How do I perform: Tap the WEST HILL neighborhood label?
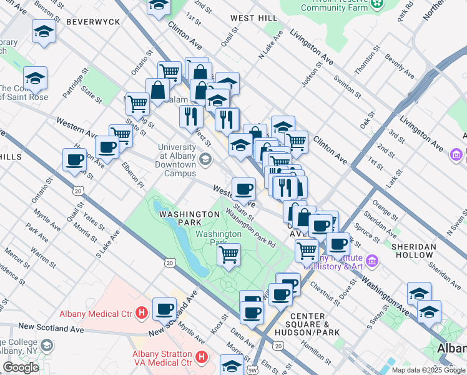(x=252, y=18)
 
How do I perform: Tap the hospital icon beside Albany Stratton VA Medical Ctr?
(x=201, y=357)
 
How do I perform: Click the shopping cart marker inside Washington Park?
(x=229, y=254)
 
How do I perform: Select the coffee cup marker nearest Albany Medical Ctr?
(x=165, y=308)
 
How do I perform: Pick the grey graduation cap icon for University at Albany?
(x=205, y=159)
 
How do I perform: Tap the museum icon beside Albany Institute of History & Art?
(x=372, y=260)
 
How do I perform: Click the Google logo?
(x=21, y=367)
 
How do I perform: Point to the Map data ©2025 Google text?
(x=428, y=370)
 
